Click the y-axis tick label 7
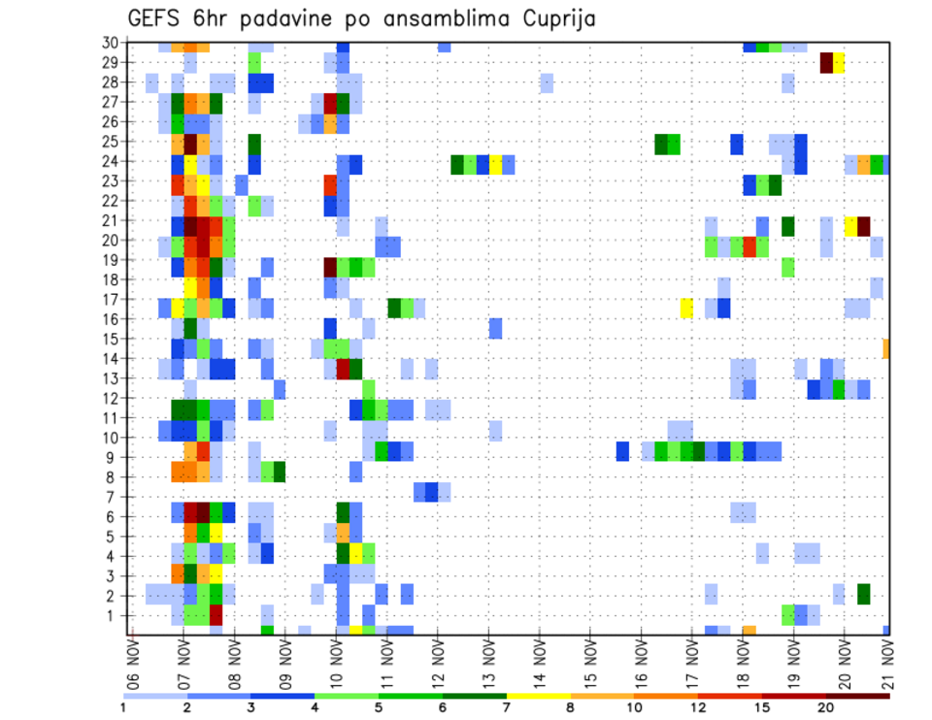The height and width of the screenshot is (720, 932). [114, 497]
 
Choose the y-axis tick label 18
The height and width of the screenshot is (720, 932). [110, 279]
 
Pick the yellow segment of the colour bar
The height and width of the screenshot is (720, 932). [539, 696]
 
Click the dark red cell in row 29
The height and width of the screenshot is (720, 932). [826, 62]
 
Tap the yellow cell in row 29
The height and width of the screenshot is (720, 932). [839, 62]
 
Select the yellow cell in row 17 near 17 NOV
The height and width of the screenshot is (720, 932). [686, 308]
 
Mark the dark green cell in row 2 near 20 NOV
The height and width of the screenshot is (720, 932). [864, 592]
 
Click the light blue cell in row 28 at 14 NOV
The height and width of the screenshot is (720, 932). [547, 82]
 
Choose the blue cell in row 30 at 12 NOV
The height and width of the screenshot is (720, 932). [444, 46]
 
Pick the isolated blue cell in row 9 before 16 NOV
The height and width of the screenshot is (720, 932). [622, 451]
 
